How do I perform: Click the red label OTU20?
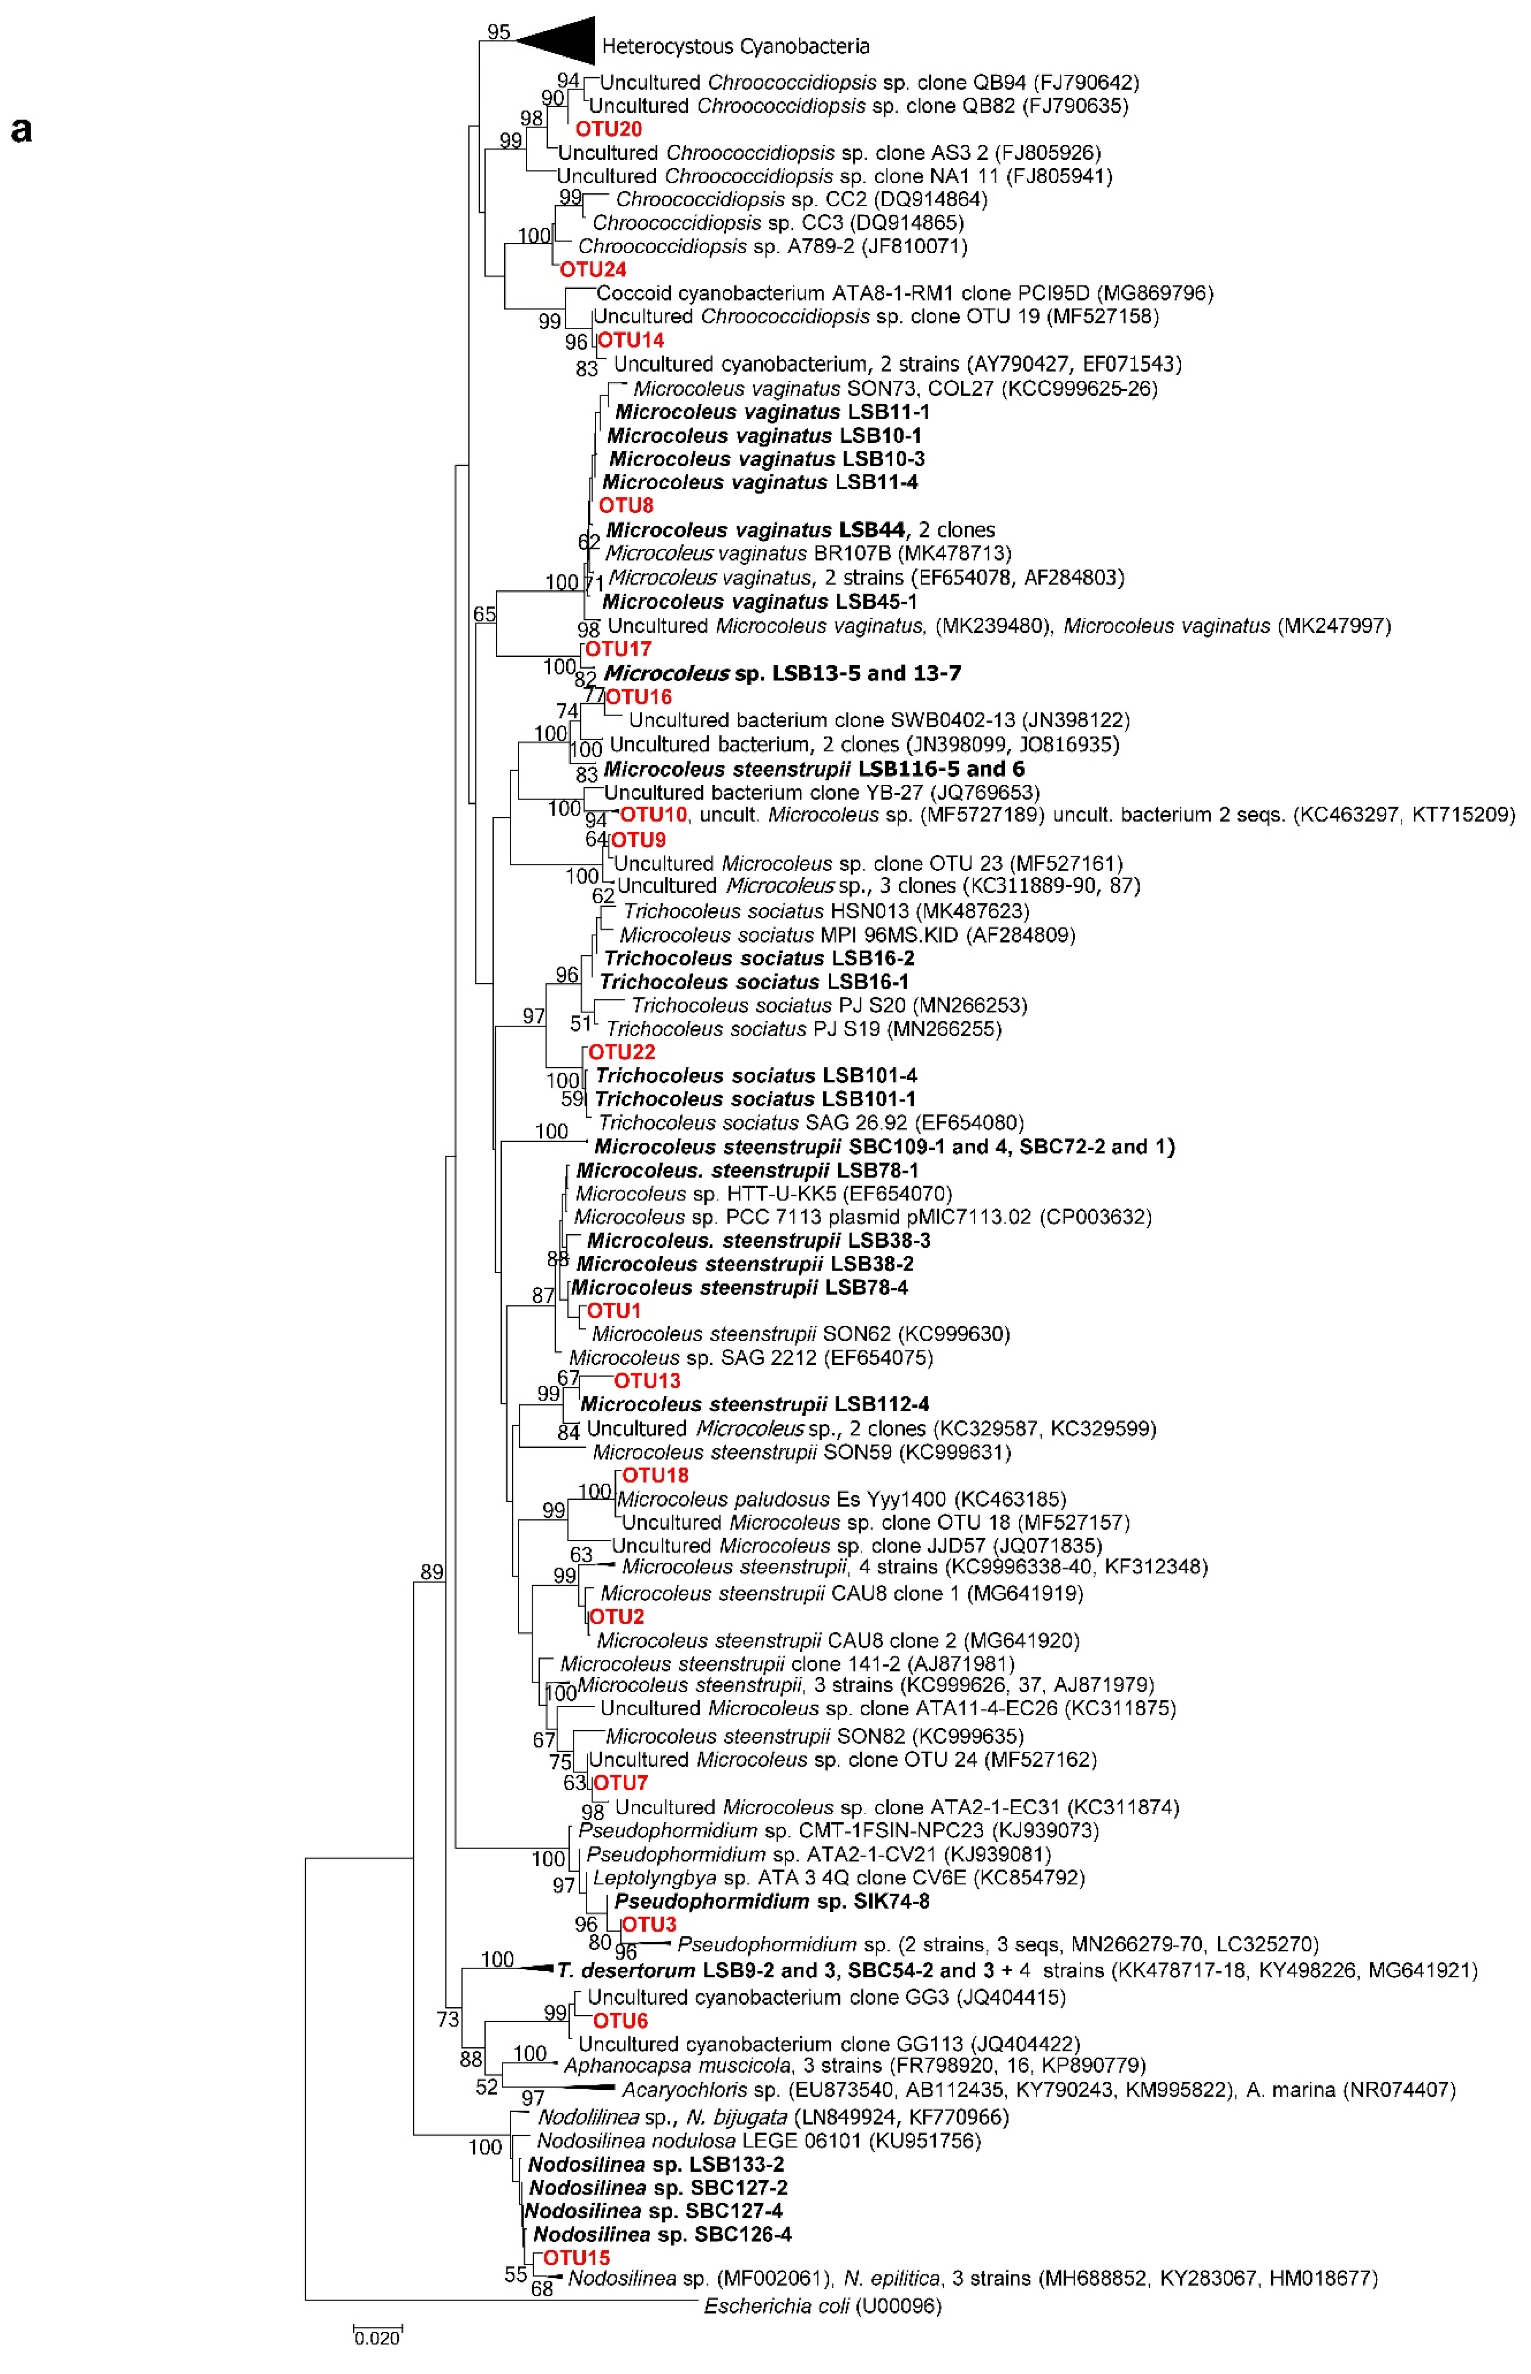(609, 129)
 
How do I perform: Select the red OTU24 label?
(592, 269)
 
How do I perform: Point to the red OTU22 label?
(621, 1052)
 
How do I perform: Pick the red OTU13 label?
(647, 1381)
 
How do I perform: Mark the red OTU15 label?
(576, 2257)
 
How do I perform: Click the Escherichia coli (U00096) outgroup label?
(822, 2305)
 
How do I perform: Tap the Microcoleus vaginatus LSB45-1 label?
(760, 602)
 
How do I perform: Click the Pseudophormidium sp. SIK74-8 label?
(771, 1901)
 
